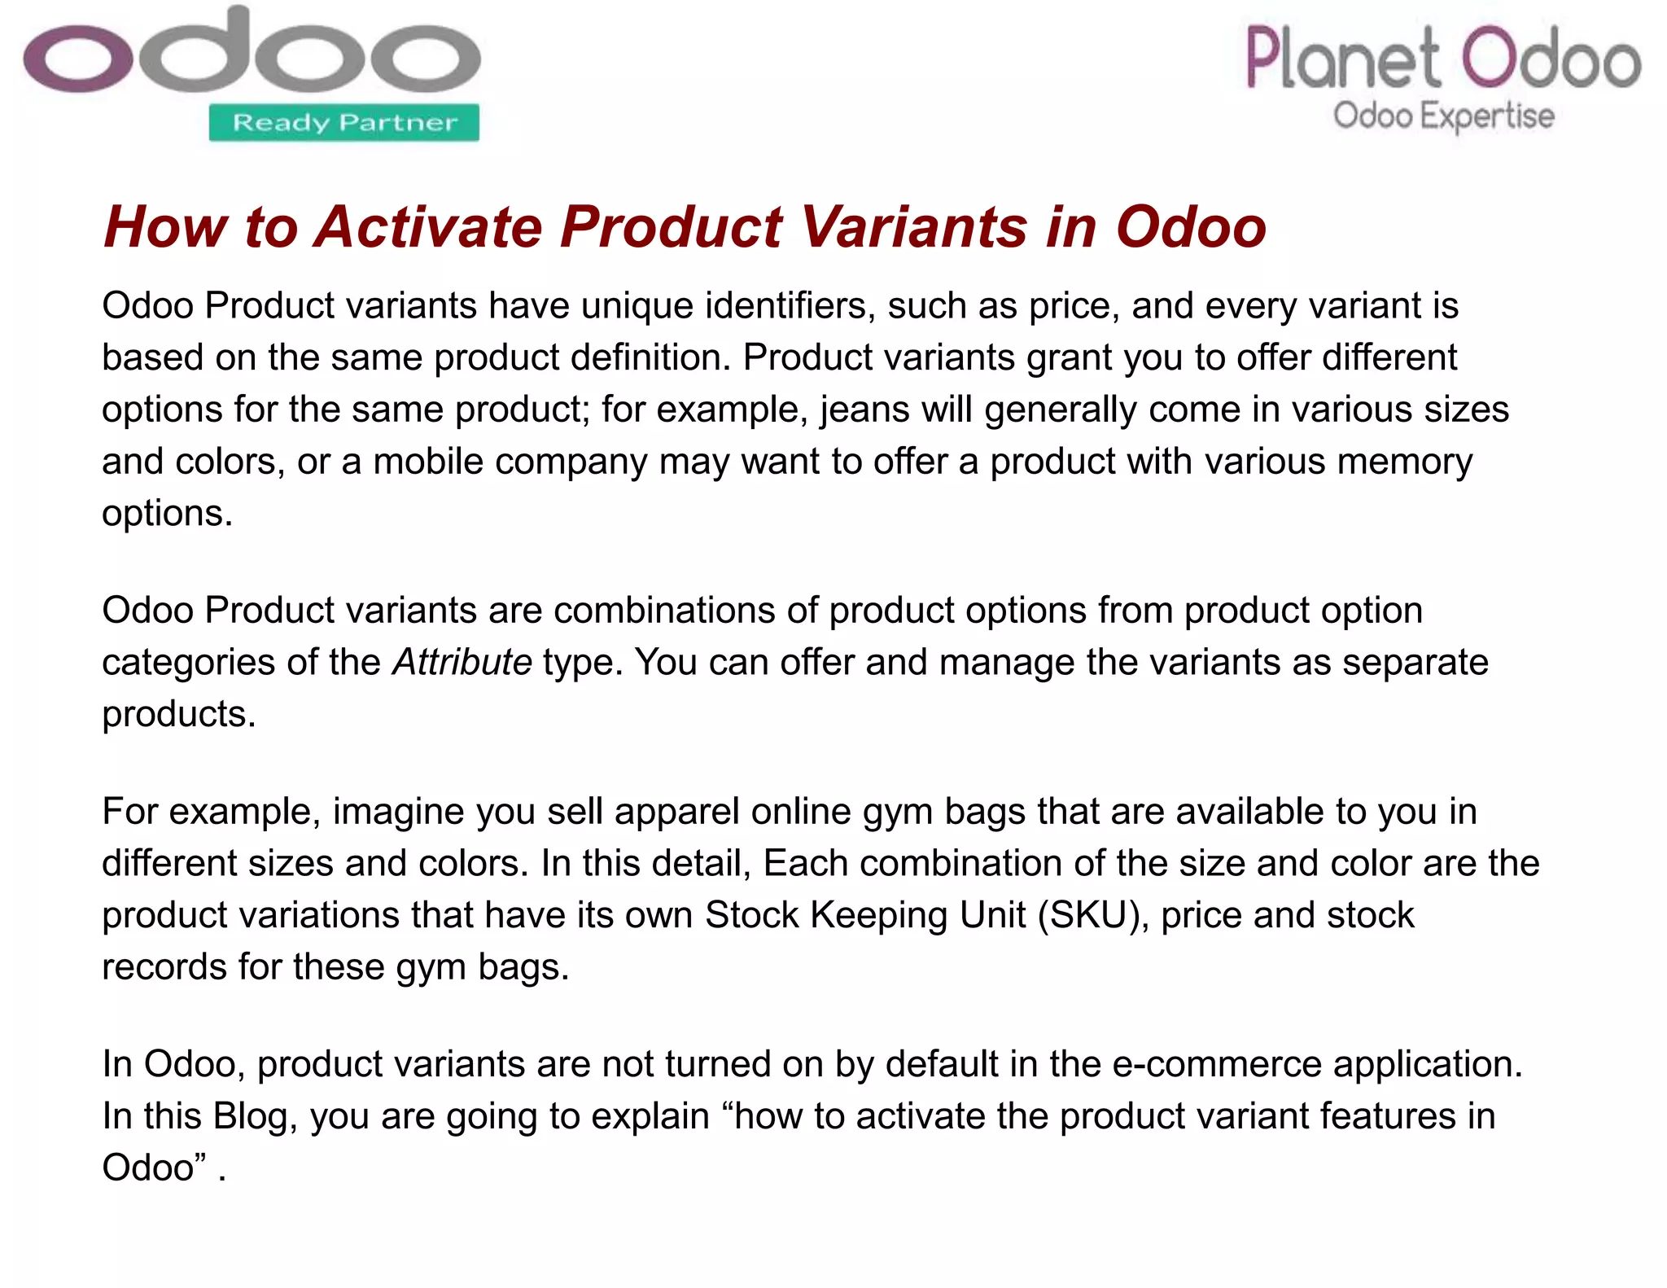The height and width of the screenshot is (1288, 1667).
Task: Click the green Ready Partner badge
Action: [343, 123]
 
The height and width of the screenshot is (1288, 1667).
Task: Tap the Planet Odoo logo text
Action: [1442, 58]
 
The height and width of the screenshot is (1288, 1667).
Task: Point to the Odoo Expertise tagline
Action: [1443, 116]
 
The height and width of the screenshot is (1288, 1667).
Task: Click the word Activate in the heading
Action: [429, 226]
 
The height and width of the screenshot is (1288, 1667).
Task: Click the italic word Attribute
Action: [462, 662]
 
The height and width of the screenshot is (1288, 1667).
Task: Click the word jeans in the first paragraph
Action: [864, 409]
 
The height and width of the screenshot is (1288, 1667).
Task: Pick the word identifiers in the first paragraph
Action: [790, 305]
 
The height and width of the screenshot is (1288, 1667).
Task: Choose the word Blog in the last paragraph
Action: [251, 1115]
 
